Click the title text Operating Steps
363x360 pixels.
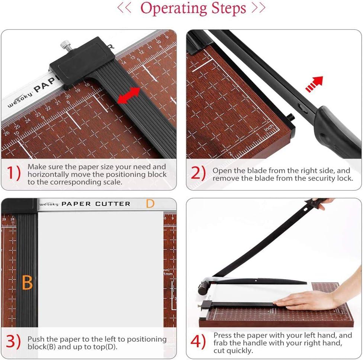pos(193,8)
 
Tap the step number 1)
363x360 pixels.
pos(14,173)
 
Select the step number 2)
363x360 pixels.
pos(198,173)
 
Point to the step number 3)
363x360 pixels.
pos(14,342)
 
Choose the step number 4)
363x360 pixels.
pos(198,342)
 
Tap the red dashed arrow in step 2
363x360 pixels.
pos(314,83)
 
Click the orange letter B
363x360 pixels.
pos(27,283)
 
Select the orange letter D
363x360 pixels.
pos(150,204)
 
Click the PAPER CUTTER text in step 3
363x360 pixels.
pos(96,204)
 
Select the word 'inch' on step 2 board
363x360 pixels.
pos(269,128)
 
